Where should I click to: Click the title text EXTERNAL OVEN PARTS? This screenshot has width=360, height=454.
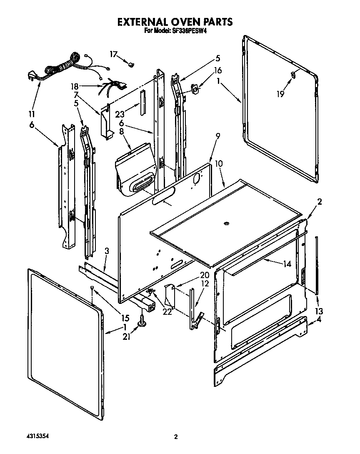tap(174, 22)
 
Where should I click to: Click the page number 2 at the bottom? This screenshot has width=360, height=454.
tap(176, 437)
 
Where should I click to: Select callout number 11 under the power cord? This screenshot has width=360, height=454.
tap(32, 114)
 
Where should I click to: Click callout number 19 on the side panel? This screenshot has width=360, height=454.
tap(280, 94)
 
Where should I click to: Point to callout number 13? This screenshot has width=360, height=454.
tap(319, 311)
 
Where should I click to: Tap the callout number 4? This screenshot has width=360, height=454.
tap(319, 320)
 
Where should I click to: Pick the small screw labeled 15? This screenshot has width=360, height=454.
tap(92, 288)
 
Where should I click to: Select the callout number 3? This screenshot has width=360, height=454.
tap(107, 251)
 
